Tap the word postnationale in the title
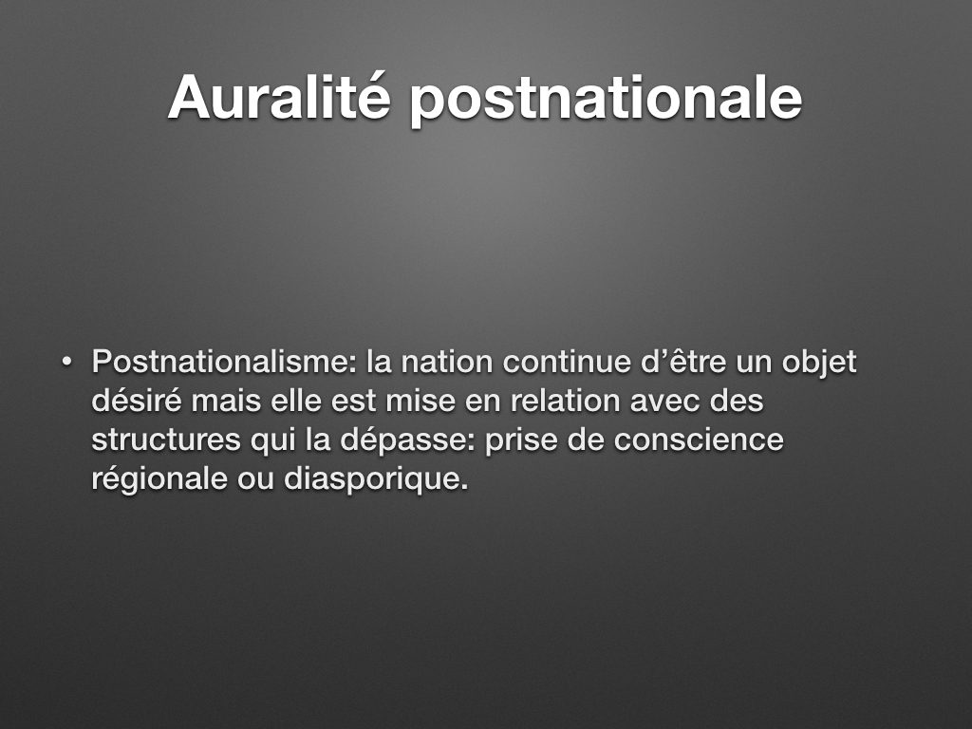(x=607, y=99)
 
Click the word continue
(x=567, y=362)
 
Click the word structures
(x=166, y=440)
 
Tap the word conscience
(x=699, y=440)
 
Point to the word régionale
(x=159, y=479)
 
